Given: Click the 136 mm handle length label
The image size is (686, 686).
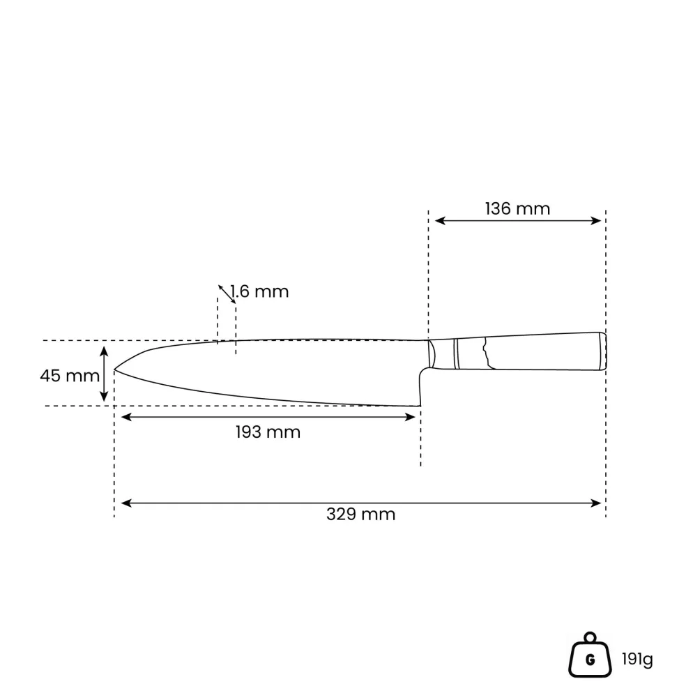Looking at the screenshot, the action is pyautogui.click(x=517, y=208).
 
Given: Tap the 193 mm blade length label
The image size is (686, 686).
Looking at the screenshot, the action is pyautogui.click(x=268, y=432).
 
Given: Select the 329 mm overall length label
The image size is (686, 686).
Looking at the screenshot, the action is pyautogui.click(x=360, y=514).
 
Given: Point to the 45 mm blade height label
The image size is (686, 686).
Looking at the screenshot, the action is pyautogui.click(x=70, y=376).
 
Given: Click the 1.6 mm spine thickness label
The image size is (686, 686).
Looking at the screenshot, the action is pyautogui.click(x=259, y=292).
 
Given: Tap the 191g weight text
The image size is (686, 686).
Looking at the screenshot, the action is pyautogui.click(x=637, y=659).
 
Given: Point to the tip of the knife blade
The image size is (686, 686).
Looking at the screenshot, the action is pyautogui.click(x=114, y=370).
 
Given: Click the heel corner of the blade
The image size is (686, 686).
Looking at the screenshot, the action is pyautogui.click(x=420, y=406).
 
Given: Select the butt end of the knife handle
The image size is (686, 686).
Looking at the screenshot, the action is pyautogui.click(x=603, y=351).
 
